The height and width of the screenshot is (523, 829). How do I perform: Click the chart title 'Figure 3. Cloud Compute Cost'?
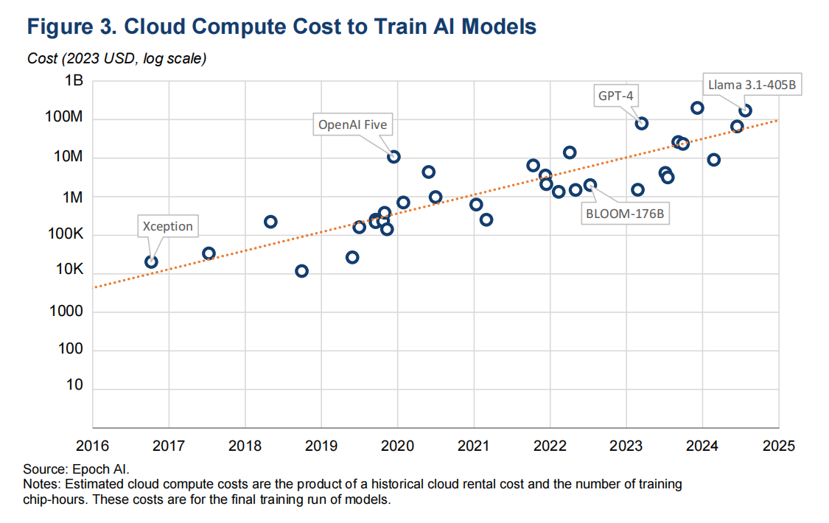[281, 27]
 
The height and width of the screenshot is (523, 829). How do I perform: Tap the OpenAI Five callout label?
[352, 124]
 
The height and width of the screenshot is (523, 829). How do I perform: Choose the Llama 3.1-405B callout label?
[752, 85]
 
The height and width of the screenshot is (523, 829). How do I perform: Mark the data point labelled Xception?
[151, 261]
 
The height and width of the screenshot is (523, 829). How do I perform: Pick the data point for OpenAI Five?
[394, 156]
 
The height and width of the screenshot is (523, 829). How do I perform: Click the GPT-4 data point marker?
[642, 123]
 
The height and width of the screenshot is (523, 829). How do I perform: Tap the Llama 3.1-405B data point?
[746, 110]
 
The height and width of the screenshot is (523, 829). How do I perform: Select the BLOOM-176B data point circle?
[590, 185]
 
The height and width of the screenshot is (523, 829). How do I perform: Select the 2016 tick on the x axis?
[92, 445]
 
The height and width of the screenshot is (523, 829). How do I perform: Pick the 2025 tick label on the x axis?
[778, 445]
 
